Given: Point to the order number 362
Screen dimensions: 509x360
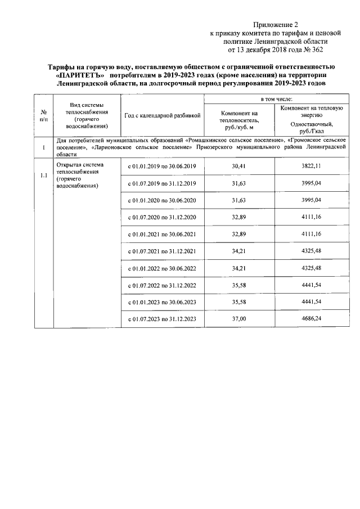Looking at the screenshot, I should pyautogui.click(x=319, y=49).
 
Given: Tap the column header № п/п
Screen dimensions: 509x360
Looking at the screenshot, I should pyautogui.click(x=43, y=115).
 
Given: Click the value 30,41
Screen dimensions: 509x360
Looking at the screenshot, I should pyautogui.click(x=239, y=167).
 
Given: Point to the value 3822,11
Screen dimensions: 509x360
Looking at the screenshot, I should pyautogui.click(x=311, y=167).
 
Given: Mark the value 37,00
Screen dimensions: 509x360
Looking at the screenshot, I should pyautogui.click(x=239, y=319).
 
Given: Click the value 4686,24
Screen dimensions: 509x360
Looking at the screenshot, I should pyautogui.click(x=311, y=319).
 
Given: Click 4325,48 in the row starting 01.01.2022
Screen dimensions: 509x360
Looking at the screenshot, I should pyautogui.click(x=311, y=268).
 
